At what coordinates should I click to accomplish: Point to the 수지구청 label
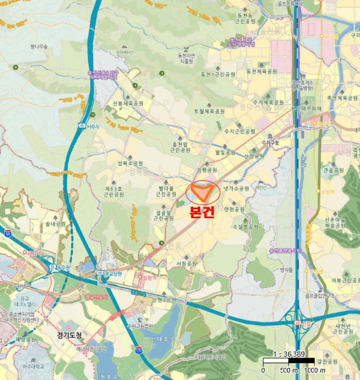click(x=270, y=143)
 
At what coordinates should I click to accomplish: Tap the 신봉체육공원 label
click(x=128, y=103)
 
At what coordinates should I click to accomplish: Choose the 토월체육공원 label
click(x=209, y=111)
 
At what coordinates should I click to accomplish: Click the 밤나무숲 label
click(x=40, y=47)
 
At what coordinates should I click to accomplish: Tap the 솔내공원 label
click(x=55, y=224)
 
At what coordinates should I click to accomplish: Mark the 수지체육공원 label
click(x=268, y=102)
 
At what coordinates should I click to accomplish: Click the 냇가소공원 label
click(x=236, y=188)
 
